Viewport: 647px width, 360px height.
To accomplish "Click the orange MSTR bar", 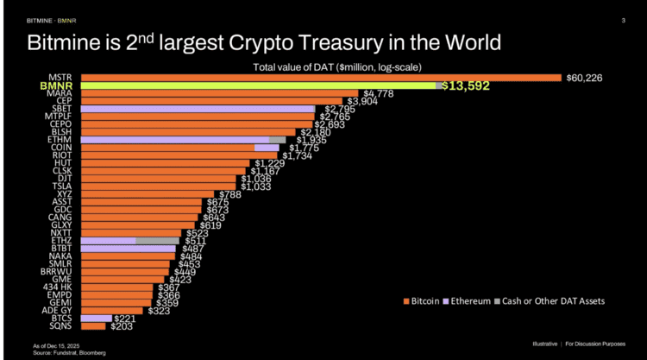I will (x=319, y=78).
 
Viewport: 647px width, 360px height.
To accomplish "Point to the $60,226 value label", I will (x=584, y=78).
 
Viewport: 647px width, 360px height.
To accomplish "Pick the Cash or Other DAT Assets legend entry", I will (x=552, y=300).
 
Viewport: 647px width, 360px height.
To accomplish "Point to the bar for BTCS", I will (x=96, y=318).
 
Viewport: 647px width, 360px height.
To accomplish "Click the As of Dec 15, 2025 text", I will (x=58, y=346).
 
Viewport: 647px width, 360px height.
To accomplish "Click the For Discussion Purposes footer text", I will (x=601, y=343).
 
